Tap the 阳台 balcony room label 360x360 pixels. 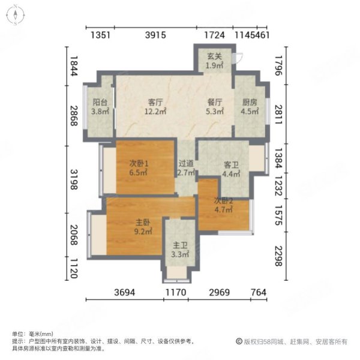(100, 102)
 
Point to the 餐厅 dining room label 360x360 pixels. (215, 102)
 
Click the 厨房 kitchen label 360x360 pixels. (249, 102)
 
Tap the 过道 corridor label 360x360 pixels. (185, 163)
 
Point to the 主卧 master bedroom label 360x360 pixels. (142, 223)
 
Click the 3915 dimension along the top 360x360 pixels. (155, 35)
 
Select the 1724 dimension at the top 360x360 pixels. (214, 35)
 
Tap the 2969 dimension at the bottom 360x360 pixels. (220, 292)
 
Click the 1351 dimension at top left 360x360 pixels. (101, 35)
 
